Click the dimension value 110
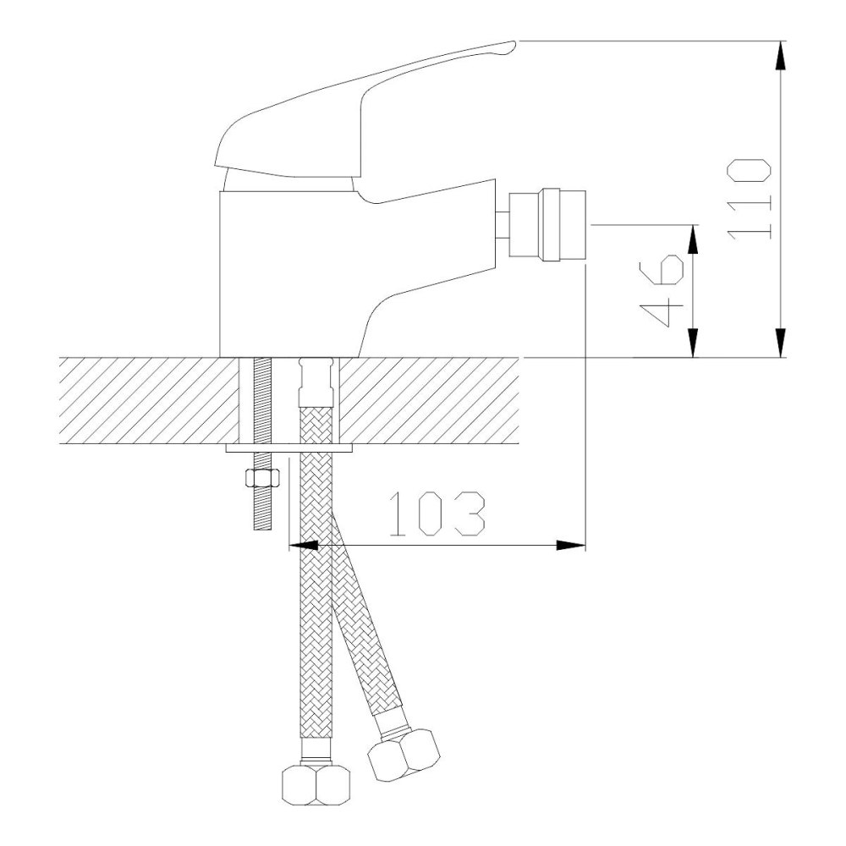coord(750,198)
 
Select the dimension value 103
coord(437,514)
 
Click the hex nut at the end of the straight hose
coord(316,786)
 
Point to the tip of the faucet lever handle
coord(514,43)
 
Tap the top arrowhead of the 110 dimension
coord(780,55)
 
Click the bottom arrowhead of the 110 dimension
coord(780,343)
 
